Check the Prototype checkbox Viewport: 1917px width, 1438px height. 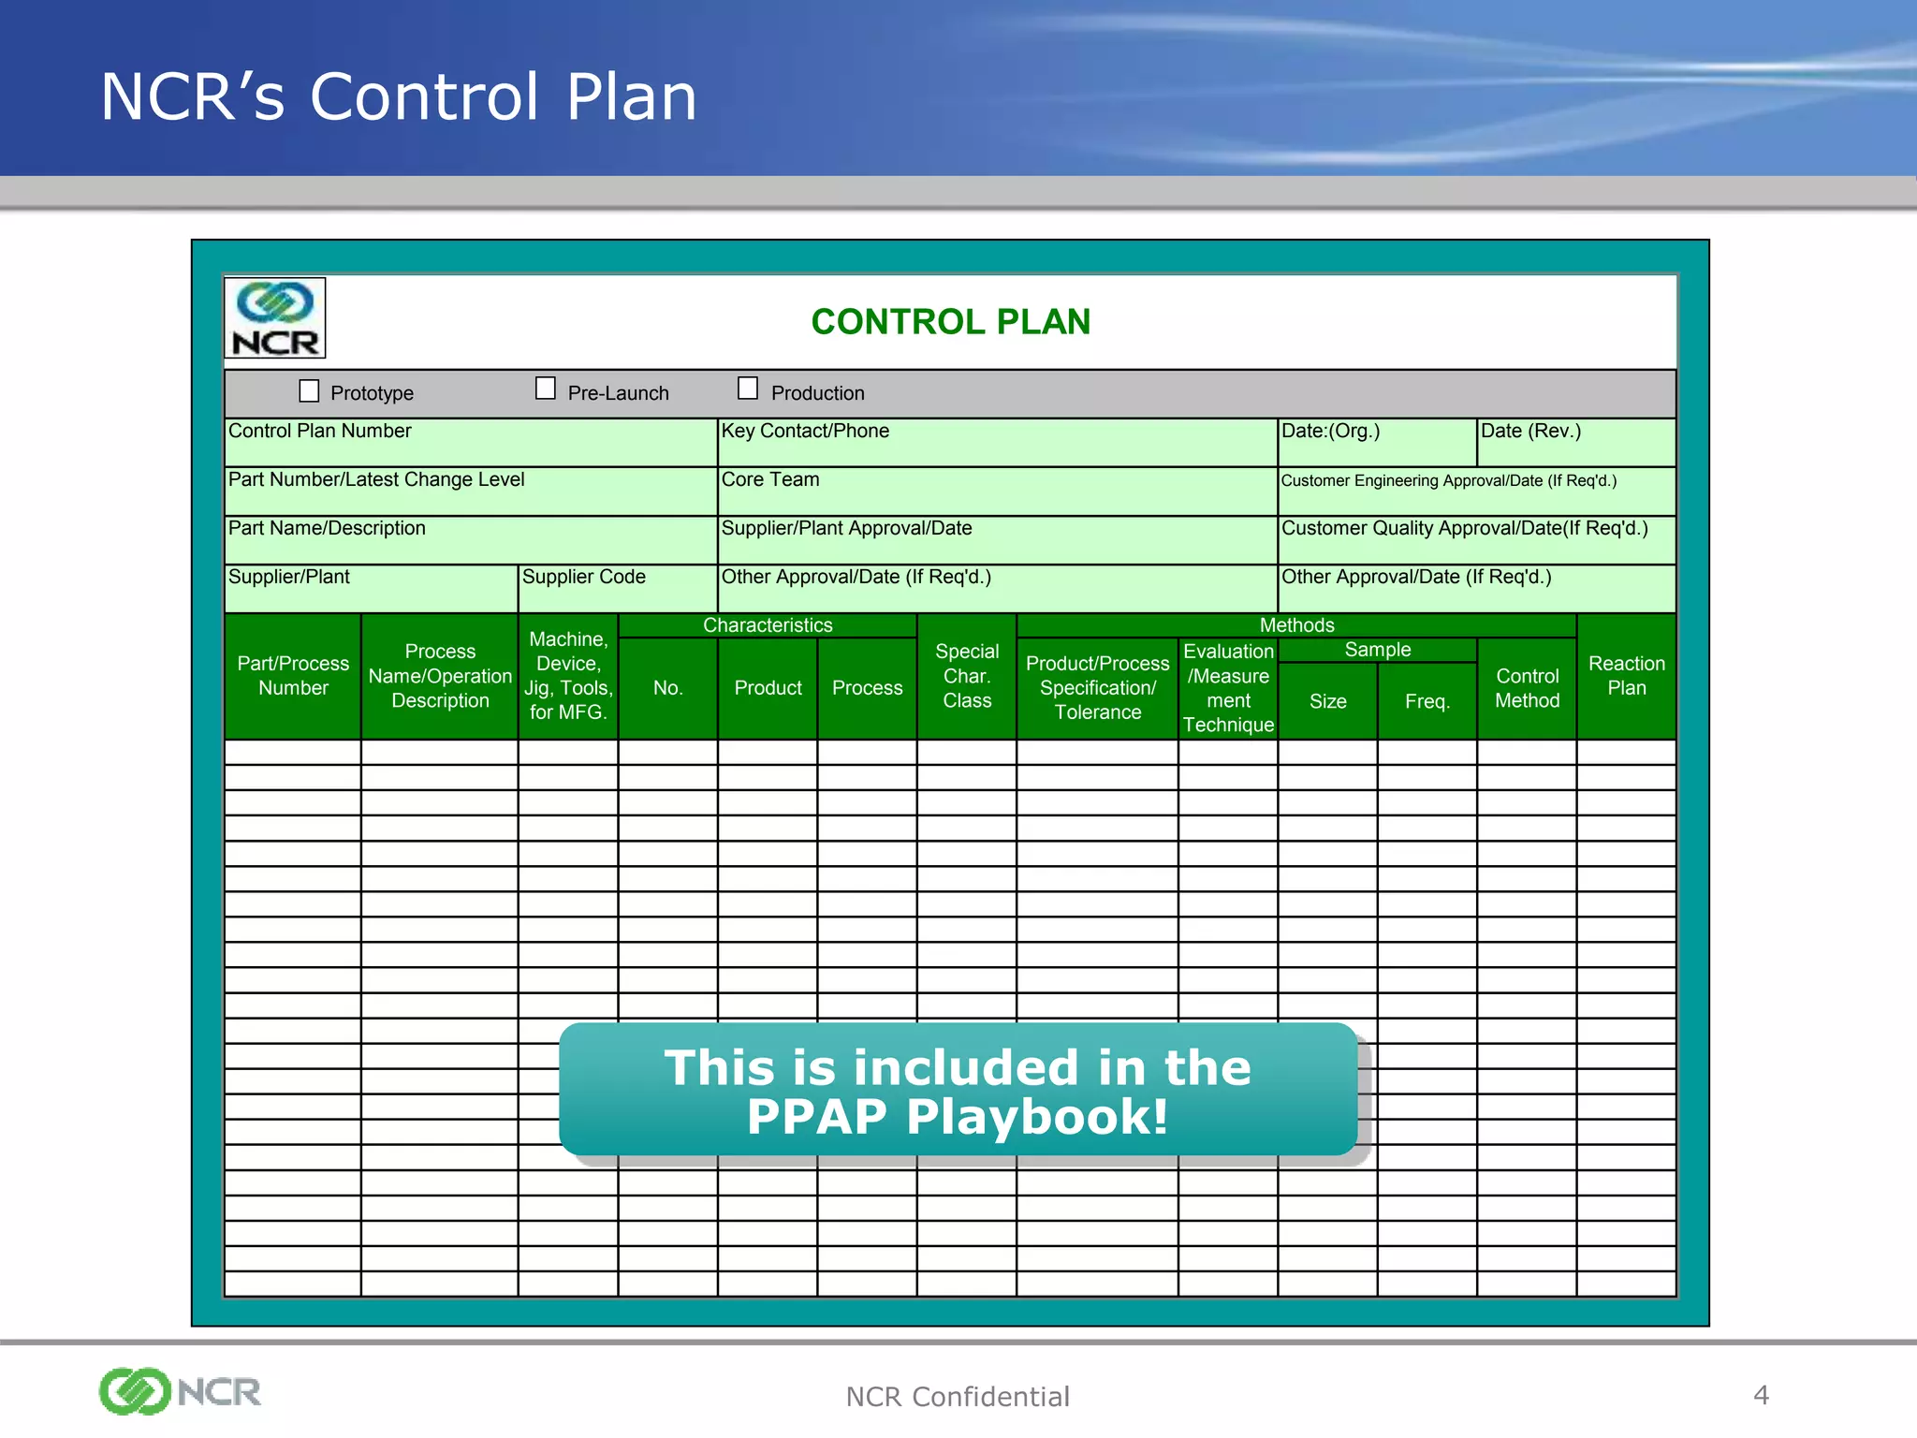pos(309,390)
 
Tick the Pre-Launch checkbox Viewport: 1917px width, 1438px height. pos(546,389)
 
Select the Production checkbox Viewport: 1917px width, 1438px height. pos(748,388)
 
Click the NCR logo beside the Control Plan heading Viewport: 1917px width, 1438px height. pos(275,318)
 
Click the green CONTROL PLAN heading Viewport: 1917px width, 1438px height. pos(950,322)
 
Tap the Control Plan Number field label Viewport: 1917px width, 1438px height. pos(320,432)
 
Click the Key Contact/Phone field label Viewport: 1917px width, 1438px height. pos(805,432)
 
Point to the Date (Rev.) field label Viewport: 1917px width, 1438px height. pos(1530,432)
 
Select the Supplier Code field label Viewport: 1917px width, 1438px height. pos(584,578)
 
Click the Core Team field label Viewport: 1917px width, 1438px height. pos(770,480)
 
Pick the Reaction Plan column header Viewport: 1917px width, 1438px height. pos(1626,676)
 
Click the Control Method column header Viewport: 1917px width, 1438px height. pos(1527,688)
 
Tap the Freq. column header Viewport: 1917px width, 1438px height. pos(1427,701)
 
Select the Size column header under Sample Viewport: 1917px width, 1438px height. pos(1327,701)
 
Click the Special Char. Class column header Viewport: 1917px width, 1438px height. pos(967,676)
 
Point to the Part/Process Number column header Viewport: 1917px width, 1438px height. pos(293,676)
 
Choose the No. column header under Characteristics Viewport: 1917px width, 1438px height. pos(667,688)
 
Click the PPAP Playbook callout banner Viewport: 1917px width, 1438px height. pos(958,1091)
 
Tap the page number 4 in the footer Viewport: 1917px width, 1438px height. pos(1761,1395)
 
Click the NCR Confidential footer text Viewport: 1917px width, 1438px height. pos(957,1397)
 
